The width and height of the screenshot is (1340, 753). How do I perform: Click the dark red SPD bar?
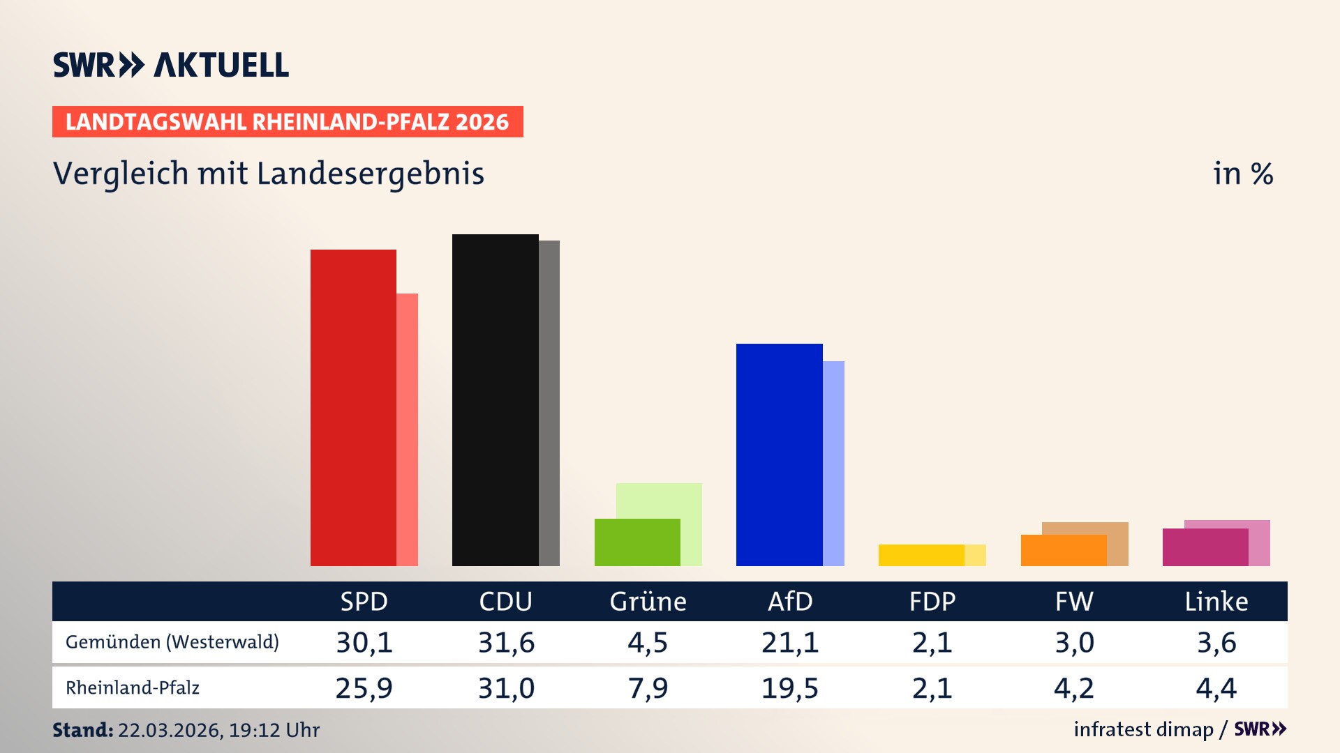pos(353,408)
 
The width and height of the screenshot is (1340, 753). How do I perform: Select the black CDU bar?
pos(495,400)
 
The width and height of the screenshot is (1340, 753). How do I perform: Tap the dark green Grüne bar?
pos(637,542)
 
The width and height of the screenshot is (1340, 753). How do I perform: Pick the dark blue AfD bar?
pos(779,455)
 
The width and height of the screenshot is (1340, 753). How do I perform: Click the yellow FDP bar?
pos(921,555)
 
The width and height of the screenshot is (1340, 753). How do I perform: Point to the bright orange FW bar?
pos(1063,550)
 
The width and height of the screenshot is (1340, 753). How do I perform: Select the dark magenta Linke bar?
pos(1205,547)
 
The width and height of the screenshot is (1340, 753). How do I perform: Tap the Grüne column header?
pos(648,601)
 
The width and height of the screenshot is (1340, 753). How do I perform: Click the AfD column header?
pos(790,601)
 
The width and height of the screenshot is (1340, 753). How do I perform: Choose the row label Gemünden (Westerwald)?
pos(172,642)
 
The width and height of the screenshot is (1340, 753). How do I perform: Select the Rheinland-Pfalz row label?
pos(133,688)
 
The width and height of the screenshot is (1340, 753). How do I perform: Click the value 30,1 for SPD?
pos(364,642)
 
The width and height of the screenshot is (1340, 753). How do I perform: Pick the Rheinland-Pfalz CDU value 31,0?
pos(506,688)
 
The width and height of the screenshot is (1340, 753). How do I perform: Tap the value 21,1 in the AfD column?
pos(790,642)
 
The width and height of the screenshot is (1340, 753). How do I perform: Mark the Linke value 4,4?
pos(1216,688)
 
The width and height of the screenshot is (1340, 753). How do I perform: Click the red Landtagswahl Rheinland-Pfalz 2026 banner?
pos(288,122)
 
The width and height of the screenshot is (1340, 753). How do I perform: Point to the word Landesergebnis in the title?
pos(370,174)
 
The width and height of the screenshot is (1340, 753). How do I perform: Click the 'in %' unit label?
pos(1242,174)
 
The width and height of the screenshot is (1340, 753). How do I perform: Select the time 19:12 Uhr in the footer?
pos(274,730)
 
